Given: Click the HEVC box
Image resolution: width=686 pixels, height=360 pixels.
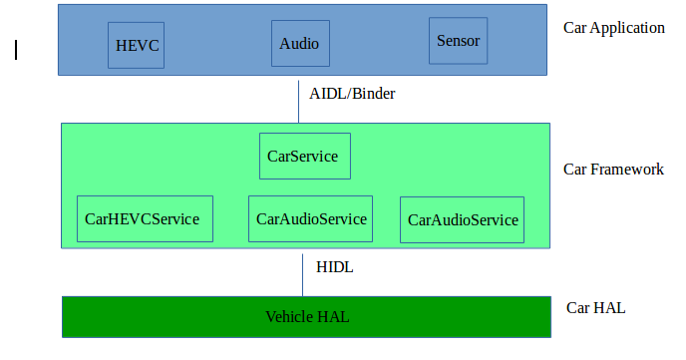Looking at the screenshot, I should click(x=138, y=45).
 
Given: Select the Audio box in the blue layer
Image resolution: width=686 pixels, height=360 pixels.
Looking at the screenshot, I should click(x=299, y=44).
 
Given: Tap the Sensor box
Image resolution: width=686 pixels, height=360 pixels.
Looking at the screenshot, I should click(x=459, y=41).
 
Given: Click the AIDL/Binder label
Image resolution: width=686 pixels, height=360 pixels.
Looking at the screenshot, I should click(x=352, y=95).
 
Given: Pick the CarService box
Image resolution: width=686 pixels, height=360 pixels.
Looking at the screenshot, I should click(x=304, y=157).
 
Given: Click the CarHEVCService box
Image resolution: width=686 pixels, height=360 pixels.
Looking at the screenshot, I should click(x=144, y=218).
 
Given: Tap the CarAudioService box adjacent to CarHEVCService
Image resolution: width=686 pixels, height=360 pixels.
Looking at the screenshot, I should click(x=311, y=218).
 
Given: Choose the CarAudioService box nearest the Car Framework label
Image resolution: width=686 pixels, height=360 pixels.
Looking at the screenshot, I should click(x=463, y=219).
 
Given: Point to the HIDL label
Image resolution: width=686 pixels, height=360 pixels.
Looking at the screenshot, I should click(x=335, y=267).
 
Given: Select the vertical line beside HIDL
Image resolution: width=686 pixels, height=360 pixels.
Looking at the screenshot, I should click(x=303, y=274).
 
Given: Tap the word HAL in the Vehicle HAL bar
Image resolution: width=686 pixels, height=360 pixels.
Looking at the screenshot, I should click(x=333, y=317).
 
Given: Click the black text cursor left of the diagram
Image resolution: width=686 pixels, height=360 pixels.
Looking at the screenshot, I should click(x=16, y=49).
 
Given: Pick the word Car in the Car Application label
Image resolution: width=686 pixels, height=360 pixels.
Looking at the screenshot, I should click(x=575, y=28).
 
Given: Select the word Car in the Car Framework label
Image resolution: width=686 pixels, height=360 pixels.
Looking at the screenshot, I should click(x=576, y=170).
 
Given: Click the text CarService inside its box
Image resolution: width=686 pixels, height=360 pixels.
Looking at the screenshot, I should click(x=303, y=157).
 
